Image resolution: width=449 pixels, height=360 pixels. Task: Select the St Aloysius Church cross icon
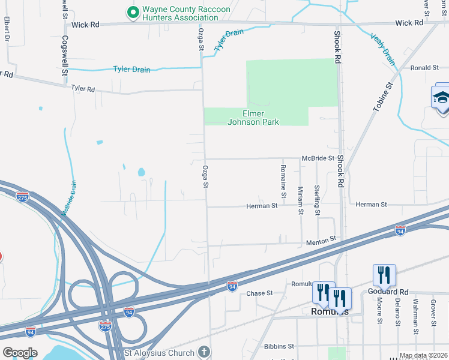204,352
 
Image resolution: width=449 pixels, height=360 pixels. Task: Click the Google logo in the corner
19,352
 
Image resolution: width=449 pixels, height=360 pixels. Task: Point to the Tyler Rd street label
83,89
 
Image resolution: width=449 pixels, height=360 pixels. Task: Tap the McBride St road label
318,158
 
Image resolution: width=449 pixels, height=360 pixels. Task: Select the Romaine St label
283,180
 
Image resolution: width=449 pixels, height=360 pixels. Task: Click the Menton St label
321,241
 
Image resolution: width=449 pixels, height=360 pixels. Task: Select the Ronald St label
425,68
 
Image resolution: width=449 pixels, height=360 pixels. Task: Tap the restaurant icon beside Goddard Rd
384,275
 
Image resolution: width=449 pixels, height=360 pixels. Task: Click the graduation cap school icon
441,98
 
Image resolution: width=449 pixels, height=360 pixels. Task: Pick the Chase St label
259,293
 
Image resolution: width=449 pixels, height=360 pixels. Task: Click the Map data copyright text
423,355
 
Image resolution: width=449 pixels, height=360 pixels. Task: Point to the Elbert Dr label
7,29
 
